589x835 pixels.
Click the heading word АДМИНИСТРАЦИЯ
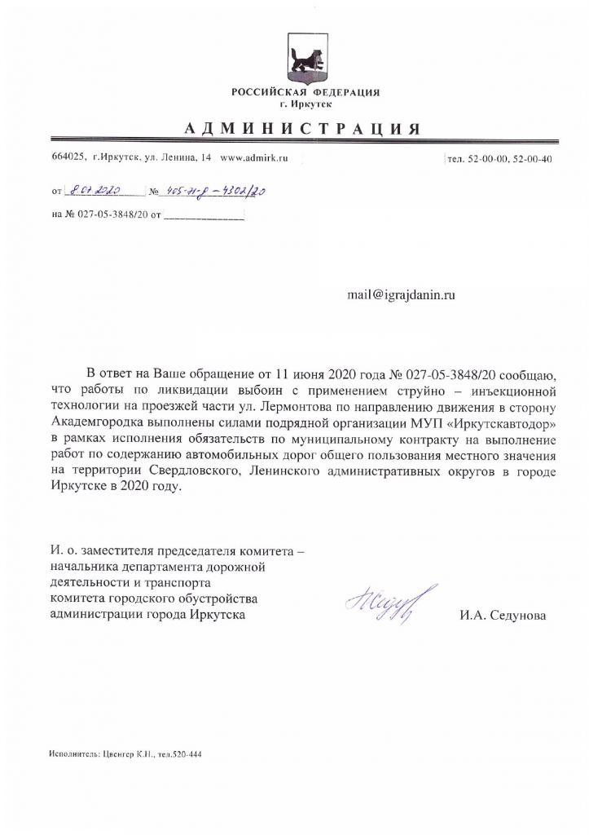303,129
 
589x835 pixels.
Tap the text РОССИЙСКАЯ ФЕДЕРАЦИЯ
305,92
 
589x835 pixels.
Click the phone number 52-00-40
534,159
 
